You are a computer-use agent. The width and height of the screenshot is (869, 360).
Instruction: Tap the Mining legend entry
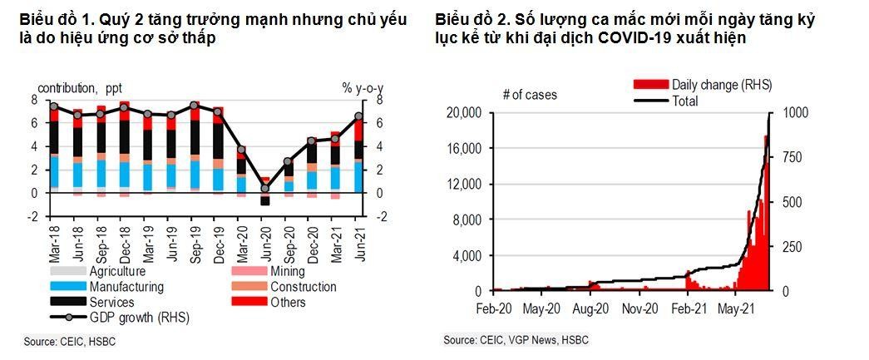click(288, 271)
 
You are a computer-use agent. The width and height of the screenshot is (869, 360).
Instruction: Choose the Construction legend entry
click(304, 287)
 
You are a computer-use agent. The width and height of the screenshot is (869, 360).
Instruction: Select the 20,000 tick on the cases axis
click(464, 113)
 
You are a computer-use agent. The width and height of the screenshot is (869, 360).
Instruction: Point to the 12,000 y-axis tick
click(464, 185)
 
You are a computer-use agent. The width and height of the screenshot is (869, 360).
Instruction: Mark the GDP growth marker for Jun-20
click(265, 189)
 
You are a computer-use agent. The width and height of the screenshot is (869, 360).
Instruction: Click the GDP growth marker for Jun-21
click(359, 116)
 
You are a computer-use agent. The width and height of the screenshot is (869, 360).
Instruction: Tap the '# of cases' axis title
click(530, 95)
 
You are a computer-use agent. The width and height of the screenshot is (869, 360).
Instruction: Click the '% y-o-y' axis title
click(359, 88)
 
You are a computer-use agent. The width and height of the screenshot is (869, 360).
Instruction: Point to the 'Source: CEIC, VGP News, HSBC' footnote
click(515, 341)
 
